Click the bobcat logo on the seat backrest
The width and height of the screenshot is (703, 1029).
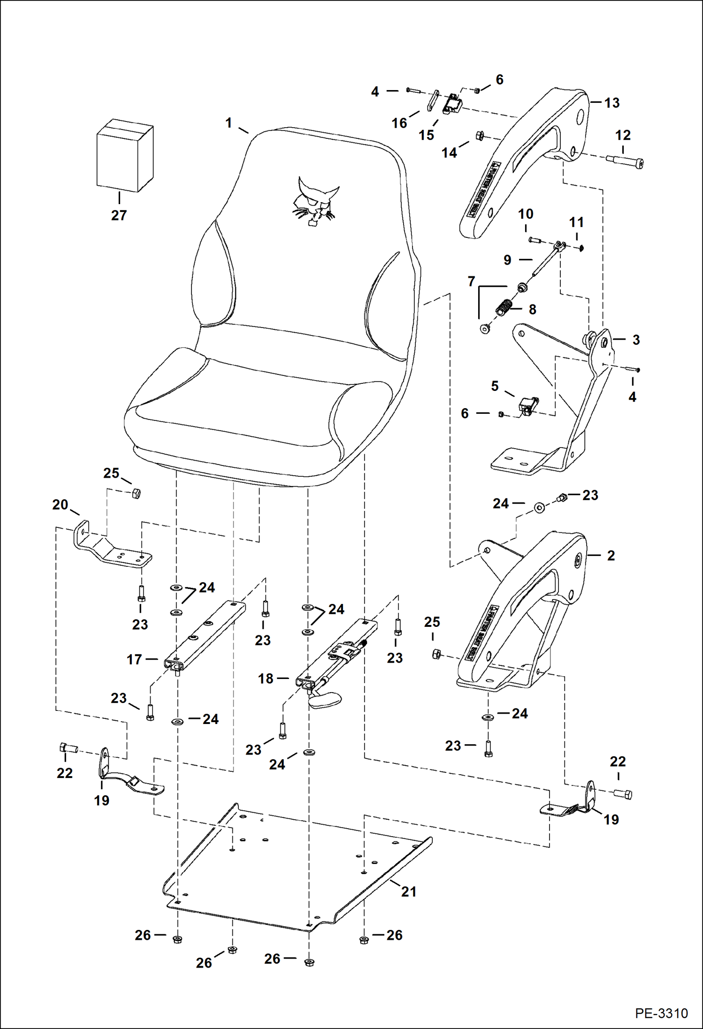313,201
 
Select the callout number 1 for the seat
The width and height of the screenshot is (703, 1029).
229,123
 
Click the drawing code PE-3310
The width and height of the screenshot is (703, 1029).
661,1013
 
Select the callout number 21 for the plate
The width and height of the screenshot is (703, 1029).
408,892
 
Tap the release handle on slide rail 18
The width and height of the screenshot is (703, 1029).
325,700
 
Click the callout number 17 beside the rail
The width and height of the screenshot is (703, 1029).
134,659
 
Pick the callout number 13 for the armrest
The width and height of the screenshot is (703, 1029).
611,103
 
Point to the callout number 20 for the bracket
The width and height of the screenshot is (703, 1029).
60,505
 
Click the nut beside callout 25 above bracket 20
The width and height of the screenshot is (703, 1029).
136,493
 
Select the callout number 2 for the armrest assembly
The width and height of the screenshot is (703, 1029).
611,556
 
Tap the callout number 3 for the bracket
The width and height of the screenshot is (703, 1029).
636,340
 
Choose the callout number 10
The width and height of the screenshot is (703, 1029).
526,214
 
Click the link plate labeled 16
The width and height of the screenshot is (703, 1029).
432,100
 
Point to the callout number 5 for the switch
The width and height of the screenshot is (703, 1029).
495,386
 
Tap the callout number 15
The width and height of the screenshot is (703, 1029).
426,135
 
